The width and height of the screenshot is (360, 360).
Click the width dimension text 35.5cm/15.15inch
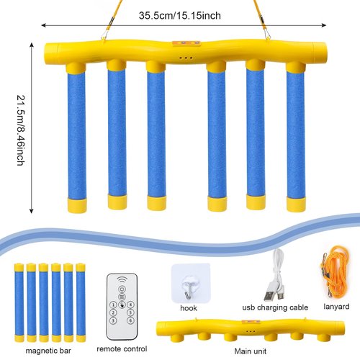[180, 16]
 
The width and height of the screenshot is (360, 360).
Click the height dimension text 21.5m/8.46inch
[21, 130]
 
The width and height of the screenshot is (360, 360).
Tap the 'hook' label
[189, 308]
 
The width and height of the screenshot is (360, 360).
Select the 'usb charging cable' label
[275, 307]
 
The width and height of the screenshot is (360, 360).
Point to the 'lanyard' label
[336, 307]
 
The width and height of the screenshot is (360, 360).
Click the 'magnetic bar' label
[48, 351]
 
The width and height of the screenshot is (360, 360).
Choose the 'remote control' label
[122, 348]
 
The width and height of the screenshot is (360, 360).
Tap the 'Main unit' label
[251, 351]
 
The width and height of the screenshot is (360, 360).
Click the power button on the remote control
[122, 289]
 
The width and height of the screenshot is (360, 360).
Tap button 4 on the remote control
[130, 305]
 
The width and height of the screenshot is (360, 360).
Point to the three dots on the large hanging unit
[186, 58]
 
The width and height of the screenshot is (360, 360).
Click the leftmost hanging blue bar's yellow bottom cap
[77, 206]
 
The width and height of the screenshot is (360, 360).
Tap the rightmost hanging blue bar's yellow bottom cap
[296, 204]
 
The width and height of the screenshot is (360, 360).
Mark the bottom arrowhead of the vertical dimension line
[31, 211]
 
